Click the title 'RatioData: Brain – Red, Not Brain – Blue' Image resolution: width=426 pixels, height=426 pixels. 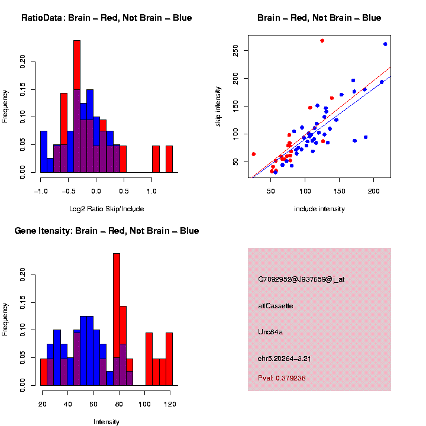click(106, 18)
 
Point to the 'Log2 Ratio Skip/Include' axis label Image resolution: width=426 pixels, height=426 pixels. click(106, 209)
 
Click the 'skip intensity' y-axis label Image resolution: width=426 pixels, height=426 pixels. click(218, 105)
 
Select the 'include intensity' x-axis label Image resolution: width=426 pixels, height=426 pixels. click(319, 209)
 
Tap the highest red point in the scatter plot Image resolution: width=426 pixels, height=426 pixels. click(322, 41)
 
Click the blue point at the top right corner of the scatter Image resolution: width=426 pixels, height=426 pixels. click(385, 44)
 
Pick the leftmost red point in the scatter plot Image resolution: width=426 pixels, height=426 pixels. click(253, 154)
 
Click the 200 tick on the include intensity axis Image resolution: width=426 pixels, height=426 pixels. click(373, 190)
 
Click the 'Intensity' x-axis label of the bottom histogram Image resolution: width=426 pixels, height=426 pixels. click(106, 422)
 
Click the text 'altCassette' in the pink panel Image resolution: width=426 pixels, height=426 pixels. click(276, 306)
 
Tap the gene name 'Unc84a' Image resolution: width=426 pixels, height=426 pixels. click(270, 332)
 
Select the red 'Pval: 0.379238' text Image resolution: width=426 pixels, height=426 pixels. click(282, 377)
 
